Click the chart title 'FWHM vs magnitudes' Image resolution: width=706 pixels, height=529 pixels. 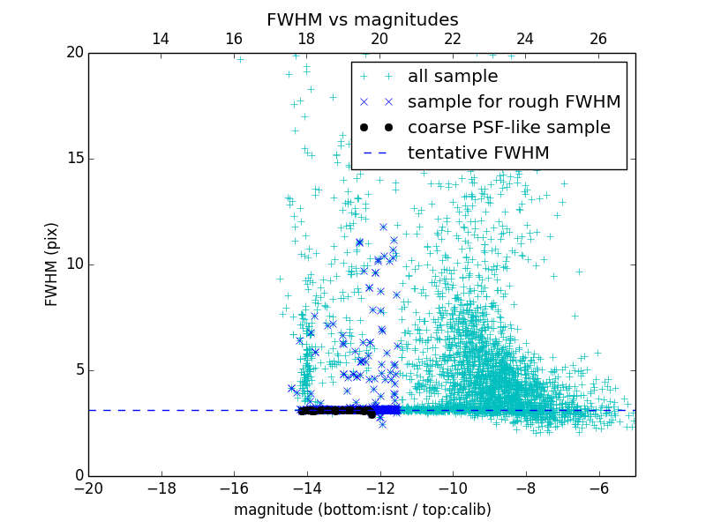pyautogui.click(x=363, y=19)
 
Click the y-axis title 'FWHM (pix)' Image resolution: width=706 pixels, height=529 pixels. pyautogui.click(x=52, y=264)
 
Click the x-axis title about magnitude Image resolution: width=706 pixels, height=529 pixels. pyautogui.click(x=362, y=510)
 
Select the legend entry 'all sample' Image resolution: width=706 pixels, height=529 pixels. pyautogui.click(x=453, y=77)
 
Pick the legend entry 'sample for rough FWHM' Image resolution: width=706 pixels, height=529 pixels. pyautogui.click(x=514, y=102)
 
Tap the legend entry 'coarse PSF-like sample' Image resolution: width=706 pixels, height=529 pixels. pyautogui.click(x=508, y=128)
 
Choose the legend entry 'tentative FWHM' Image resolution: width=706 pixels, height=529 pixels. pyautogui.click(x=478, y=153)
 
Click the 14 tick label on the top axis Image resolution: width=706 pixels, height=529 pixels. pyautogui.click(x=161, y=39)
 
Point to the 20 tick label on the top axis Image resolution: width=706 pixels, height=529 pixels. pyautogui.click(x=379, y=39)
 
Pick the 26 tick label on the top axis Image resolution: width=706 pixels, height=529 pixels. pyautogui.click(x=598, y=39)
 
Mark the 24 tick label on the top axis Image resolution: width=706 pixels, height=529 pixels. pyautogui.click(x=525, y=39)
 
